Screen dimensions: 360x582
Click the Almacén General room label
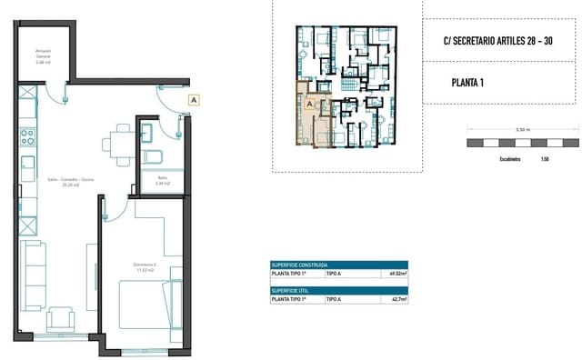click(x=44, y=57)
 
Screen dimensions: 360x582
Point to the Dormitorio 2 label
click(x=134, y=266)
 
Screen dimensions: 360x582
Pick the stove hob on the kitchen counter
click(x=27, y=138)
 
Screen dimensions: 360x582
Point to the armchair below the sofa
click(x=62, y=319)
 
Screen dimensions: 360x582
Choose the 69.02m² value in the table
click(x=396, y=273)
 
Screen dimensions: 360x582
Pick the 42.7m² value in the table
click(x=397, y=298)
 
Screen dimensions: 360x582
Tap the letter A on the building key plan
click(x=309, y=105)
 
